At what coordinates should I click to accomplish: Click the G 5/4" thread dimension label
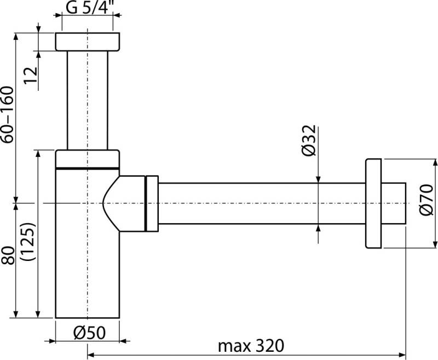pos(88,9)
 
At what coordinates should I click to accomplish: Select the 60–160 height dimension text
pos(8,115)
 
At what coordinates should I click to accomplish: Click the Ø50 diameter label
pos(88,332)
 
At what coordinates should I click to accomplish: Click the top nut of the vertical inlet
pos(88,42)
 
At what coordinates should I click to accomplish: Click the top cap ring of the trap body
pos(88,158)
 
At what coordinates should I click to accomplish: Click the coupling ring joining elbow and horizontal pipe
pos(151,203)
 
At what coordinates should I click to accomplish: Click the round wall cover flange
pos(373,203)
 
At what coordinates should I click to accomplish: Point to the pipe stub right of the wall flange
pos(394,203)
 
